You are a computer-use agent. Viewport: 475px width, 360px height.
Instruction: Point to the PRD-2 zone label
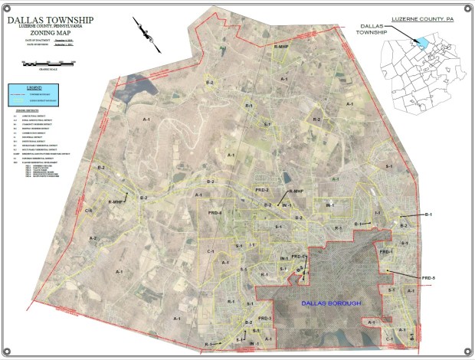(262, 189)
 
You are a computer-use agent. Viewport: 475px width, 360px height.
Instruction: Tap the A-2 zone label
(93, 239)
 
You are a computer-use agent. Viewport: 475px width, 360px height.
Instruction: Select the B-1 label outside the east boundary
(428, 215)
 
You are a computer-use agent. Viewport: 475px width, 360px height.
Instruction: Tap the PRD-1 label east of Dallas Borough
(385, 252)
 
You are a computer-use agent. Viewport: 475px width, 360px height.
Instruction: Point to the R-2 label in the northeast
(315, 119)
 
